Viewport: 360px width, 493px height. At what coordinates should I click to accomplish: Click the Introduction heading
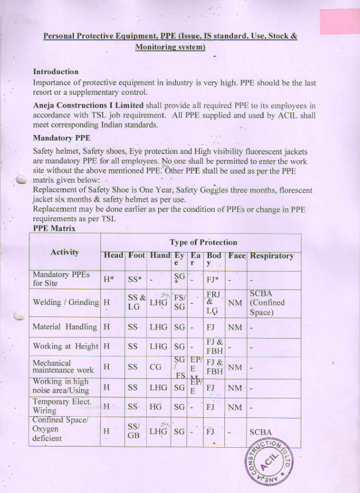[x=56, y=71]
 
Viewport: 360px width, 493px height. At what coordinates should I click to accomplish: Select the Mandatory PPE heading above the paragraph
[x=61, y=137]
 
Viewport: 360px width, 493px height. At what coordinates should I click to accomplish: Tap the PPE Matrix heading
[x=54, y=228]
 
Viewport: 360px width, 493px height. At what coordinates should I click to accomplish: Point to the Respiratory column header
[x=271, y=256]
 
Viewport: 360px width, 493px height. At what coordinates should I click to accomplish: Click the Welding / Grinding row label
[x=65, y=302]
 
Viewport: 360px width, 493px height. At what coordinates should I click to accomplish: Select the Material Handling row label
[x=64, y=327]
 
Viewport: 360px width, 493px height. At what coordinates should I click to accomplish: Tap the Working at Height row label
[x=65, y=346]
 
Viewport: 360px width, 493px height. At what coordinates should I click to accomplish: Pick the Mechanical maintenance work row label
[x=64, y=367]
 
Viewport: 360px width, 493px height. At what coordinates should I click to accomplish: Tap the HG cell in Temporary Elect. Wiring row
[x=156, y=407]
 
